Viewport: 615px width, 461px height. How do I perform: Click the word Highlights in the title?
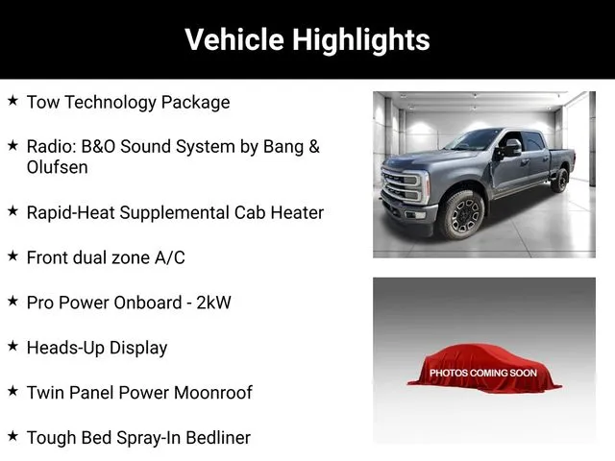point(361,40)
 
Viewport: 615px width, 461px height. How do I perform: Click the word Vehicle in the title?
point(234,39)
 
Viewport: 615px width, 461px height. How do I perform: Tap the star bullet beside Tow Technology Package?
point(12,100)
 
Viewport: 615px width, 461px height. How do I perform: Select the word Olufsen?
point(58,167)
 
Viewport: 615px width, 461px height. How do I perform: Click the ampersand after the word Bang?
point(314,147)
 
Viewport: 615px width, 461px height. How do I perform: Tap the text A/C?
point(170,258)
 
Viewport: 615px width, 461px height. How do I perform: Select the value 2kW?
point(213,303)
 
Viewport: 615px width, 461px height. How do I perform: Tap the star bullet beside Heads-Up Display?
point(12,346)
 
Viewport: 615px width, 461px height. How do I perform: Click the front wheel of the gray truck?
point(462,214)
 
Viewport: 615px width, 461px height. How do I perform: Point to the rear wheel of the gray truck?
point(560,180)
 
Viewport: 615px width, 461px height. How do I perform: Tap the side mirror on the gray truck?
point(510,148)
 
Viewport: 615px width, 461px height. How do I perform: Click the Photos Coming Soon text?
point(483,373)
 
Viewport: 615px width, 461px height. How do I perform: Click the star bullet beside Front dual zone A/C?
point(12,256)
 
